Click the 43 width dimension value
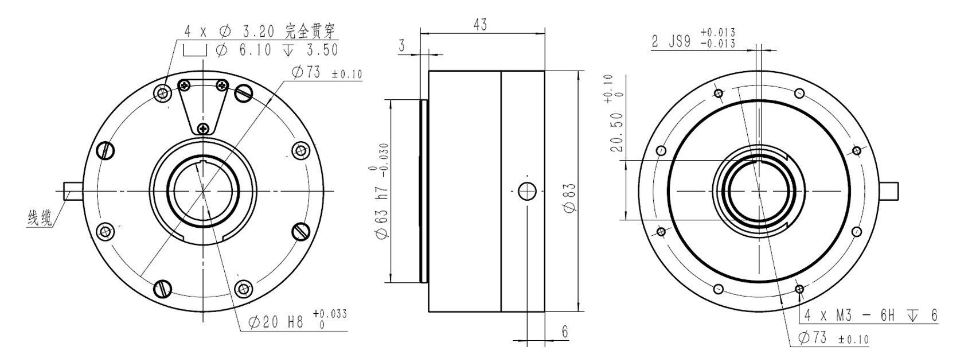pos(480,25)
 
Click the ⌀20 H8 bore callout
pos(298,321)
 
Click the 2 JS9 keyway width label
pos(693,38)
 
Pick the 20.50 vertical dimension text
pos(616,114)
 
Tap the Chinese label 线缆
pos(40,218)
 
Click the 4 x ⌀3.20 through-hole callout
pos(260,31)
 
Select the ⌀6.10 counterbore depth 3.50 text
pos(261,50)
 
